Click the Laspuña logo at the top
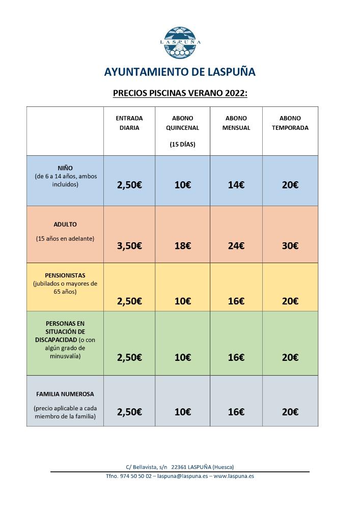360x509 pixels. (x=180, y=42)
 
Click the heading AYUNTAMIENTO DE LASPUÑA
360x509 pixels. (x=180, y=72)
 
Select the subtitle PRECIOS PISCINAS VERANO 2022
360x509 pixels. (x=180, y=94)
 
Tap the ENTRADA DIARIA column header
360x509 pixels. (x=129, y=123)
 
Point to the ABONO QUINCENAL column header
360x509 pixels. (x=182, y=123)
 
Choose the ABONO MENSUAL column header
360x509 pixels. (x=236, y=123)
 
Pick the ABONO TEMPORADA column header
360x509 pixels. (x=290, y=123)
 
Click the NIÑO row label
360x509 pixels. (x=65, y=168)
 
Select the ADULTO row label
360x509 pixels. (x=65, y=224)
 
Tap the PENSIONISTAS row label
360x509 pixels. (x=65, y=275)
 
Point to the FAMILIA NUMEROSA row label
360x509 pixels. (x=65, y=394)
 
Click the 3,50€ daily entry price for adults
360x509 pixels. (x=129, y=246)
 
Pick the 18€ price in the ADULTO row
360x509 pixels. (x=182, y=246)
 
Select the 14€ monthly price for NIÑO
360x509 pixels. (x=236, y=185)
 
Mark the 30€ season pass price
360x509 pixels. (x=290, y=246)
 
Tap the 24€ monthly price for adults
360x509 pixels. (x=236, y=246)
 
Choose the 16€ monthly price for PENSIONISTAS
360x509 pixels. (x=236, y=301)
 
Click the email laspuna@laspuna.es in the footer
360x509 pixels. (x=182, y=476)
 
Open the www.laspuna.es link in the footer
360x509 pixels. (x=234, y=476)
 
